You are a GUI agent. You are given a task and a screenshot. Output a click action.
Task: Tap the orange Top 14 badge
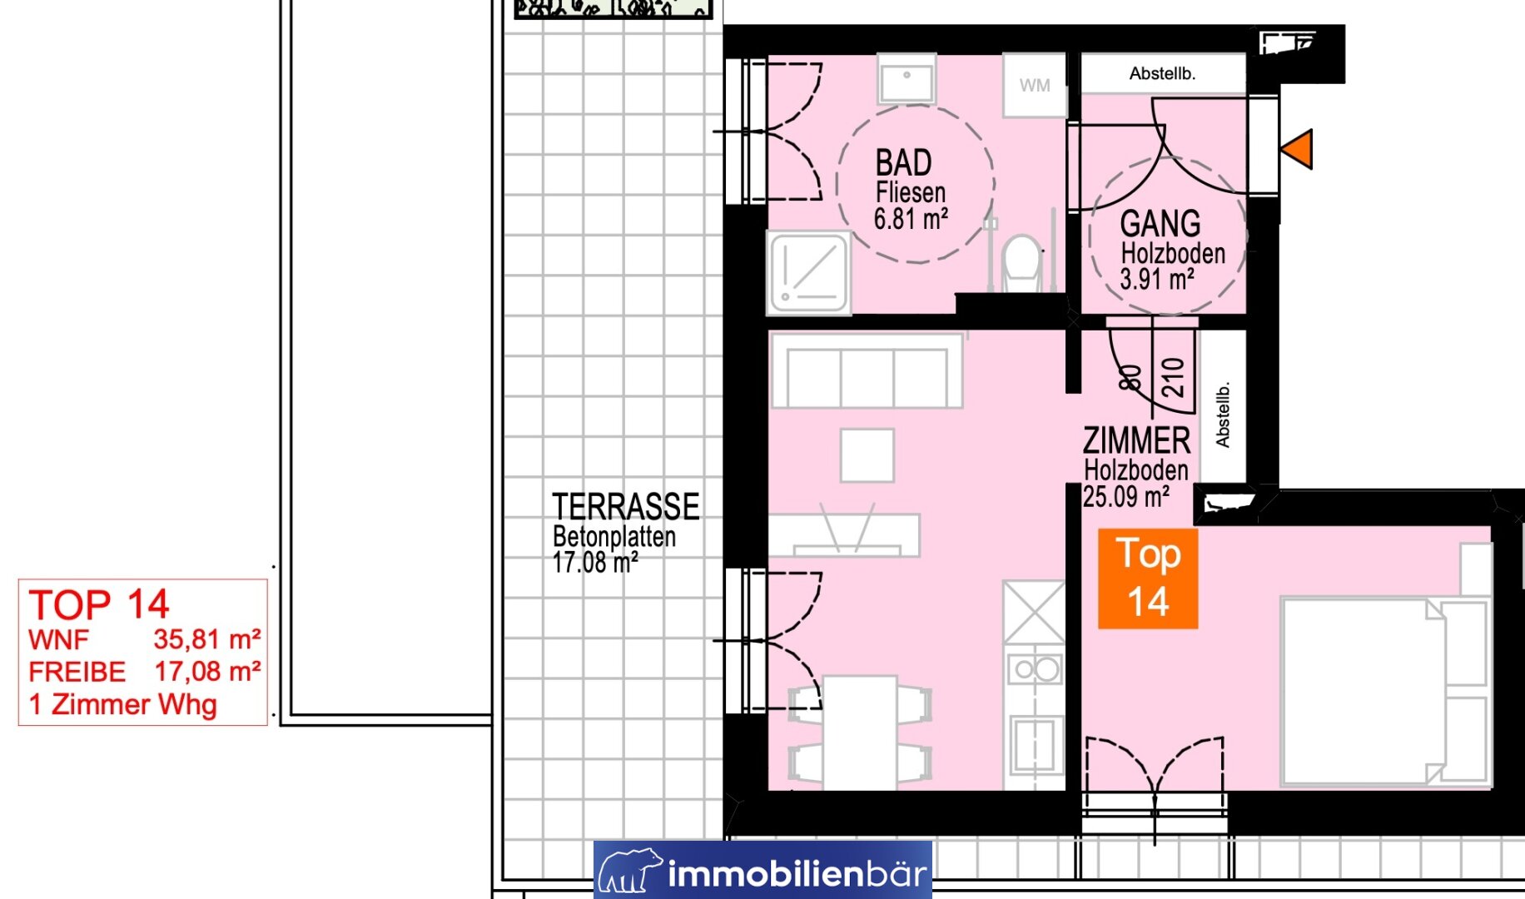click(x=1148, y=579)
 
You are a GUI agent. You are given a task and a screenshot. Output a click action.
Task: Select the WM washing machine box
click(x=1034, y=85)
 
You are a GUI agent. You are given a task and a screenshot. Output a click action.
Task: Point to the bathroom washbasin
click(x=907, y=80)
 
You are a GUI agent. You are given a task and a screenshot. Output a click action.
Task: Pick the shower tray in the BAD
click(x=808, y=273)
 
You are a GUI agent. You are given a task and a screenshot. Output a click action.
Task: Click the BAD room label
click(x=903, y=163)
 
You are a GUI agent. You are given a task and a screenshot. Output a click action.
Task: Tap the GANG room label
click(x=1160, y=223)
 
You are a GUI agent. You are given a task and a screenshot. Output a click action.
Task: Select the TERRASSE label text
click(x=626, y=506)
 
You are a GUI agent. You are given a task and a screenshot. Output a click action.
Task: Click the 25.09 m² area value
click(x=1126, y=497)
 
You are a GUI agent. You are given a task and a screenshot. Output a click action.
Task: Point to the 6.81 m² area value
click(x=911, y=219)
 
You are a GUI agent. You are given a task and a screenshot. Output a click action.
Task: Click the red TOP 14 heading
click(x=99, y=604)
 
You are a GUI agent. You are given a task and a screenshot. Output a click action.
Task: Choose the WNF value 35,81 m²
click(x=207, y=639)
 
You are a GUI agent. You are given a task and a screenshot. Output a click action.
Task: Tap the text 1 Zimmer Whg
click(x=123, y=704)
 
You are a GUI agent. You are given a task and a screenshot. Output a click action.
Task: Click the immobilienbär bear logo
click(x=630, y=871)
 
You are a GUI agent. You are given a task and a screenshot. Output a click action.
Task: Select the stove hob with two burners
click(x=1035, y=668)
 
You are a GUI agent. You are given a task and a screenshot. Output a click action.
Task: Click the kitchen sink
click(x=1034, y=746)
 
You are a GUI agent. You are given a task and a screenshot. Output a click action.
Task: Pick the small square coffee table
click(x=867, y=455)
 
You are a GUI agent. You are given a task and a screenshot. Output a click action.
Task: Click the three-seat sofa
click(x=867, y=370)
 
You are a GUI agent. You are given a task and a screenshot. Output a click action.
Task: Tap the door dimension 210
click(x=1173, y=377)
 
